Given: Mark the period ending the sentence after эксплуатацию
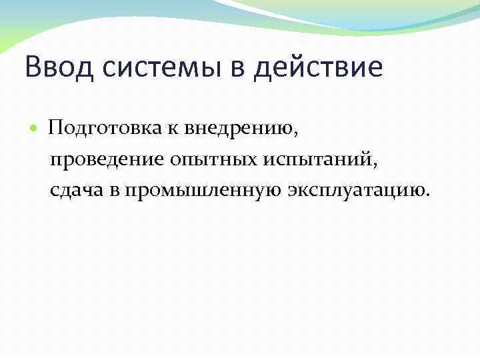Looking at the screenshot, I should coord(429,196).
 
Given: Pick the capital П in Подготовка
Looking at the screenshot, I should coord(55,127).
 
